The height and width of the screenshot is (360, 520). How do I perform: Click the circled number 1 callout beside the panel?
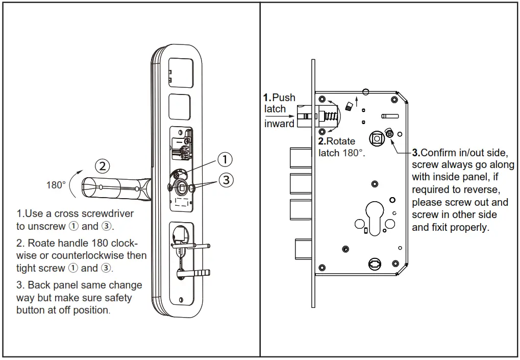point(225,159)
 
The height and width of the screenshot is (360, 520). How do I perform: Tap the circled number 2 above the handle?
point(103,165)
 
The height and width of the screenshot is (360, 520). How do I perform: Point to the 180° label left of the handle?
point(56,185)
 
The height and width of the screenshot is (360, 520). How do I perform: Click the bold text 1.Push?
point(279,97)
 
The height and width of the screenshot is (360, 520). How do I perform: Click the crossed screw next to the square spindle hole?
point(389,134)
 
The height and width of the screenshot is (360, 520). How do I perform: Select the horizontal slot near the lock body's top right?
point(390,115)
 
